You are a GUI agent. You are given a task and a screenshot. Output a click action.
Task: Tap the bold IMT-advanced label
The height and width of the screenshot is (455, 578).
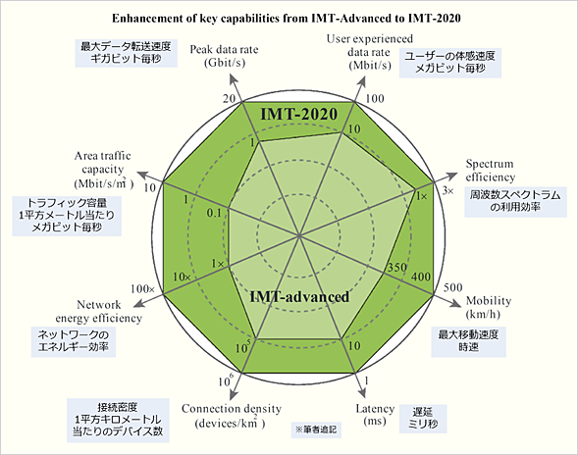pyautogui.click(x=300, y=296)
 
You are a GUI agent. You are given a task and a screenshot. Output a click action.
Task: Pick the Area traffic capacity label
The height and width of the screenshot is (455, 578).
pyautogui.click(x=105, y=169)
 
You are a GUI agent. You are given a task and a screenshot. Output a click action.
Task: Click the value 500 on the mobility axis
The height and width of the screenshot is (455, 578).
pyautogui.click(x=452, y=287)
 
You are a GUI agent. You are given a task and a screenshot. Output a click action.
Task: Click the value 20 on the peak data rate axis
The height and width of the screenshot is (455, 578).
pyautogui.click(x=228, y=100)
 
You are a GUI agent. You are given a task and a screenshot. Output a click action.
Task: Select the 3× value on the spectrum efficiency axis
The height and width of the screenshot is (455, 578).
pyautogui.click(x=448, y=190)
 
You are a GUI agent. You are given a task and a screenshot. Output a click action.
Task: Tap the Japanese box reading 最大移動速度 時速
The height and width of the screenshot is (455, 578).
pyautogui.click(x=472, y=340)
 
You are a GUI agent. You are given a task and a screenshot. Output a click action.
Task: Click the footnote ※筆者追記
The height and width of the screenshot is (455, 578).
pyautogui.click(x=314, y=430)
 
